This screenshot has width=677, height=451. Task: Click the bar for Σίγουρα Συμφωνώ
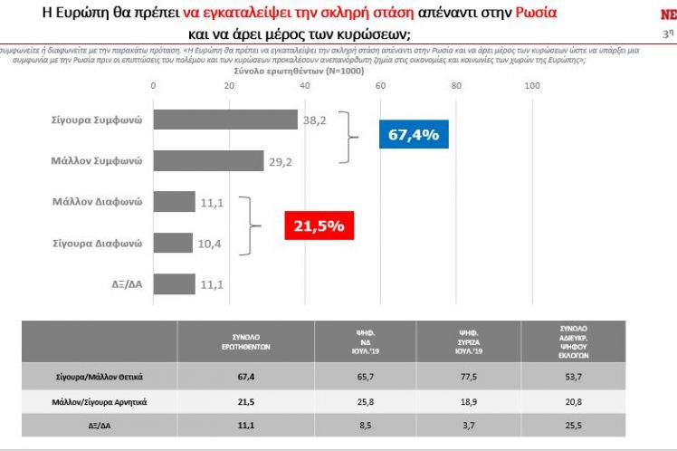[225, 120]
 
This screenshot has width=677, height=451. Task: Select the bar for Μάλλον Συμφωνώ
[208, 161]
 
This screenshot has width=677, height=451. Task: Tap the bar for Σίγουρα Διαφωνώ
[173, 243]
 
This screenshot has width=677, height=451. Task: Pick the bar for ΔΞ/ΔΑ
[174, 283]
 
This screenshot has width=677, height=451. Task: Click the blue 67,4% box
[413, 135]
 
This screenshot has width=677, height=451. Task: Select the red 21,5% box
[314, 225]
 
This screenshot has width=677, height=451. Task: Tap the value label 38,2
[315, 119]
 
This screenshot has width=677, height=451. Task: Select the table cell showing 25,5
[576, 423]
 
